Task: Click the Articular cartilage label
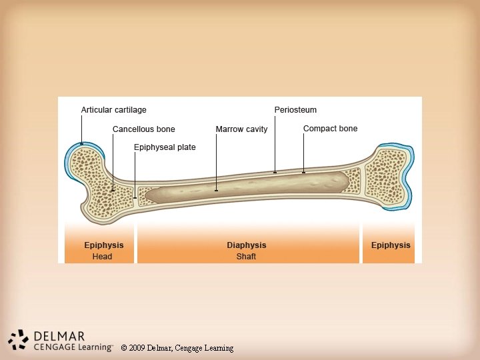(x=113, y=110)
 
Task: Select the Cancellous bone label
(x=143, y=129)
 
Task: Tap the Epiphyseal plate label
(x=165, y=147)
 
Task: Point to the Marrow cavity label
(x=241, y=129)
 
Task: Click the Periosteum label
(x=295, y=110)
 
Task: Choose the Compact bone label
(x=330, y=129)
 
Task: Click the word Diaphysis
(x=246, y=245)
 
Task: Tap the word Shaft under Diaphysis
(x=246, y=257)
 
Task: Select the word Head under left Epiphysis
(x=103, y=257)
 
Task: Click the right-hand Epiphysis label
(x=391, y=245)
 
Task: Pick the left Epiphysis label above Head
(x=103, y=245)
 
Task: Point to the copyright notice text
(x=177, y=348)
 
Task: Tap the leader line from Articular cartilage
(x=81, y=127)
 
